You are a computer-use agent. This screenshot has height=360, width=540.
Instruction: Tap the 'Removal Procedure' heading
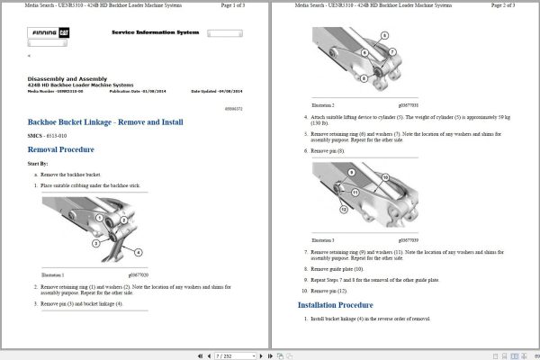pyautogui.click(x=61, y=149)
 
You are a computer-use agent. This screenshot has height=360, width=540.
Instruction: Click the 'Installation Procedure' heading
pyautogui.click(x=336, y=305)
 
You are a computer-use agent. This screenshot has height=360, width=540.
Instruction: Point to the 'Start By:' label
pyautogui.click(x=39, y=164)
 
